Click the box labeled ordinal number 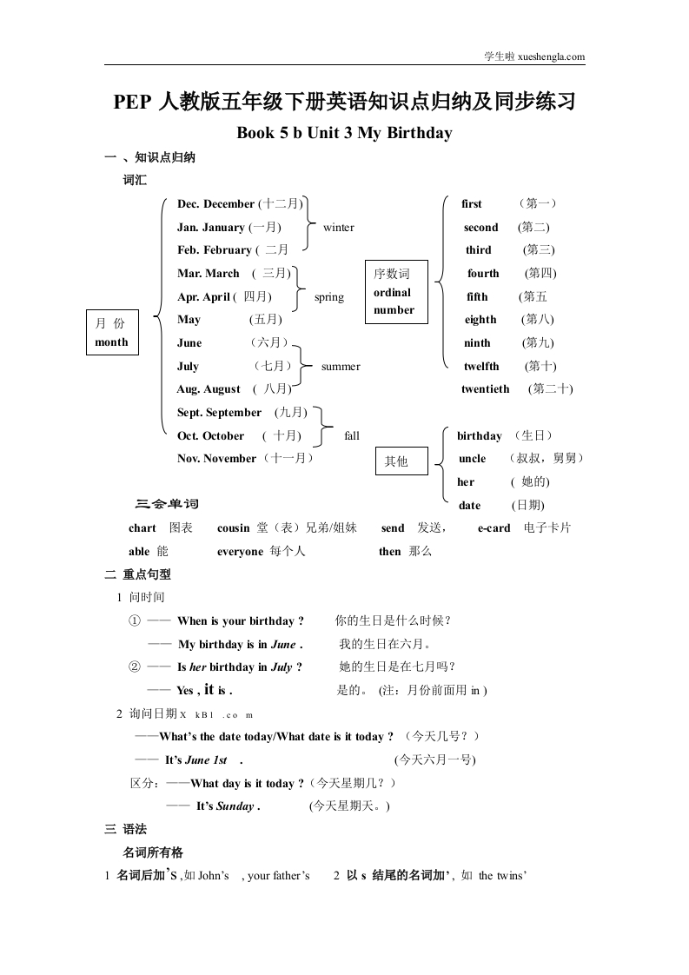click(x=395, y=292)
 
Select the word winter click(x=338, y=228)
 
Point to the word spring click(x=329, y=297)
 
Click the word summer click(x=341, y=367)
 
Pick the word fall click(x=352, y=435)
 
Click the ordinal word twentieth click(x=486, y=389)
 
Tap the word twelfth click(x=481, y=367)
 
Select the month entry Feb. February click(x=214, y=250)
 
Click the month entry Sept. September click(x=219, y=413)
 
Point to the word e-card click(x=494, y=528)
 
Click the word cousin click(x=233, y=528)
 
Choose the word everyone click(x=240, y=552)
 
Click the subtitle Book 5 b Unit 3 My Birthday click(x=344, y=134)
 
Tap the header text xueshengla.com click(x=551, y=57)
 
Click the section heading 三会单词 click(x=168, y=505)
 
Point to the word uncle click(x=472, y=459)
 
